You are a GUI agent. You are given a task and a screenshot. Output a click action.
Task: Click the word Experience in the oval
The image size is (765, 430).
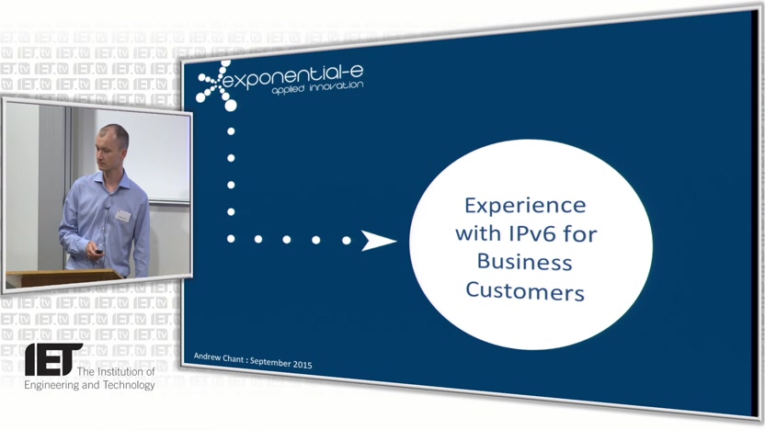[525, 206]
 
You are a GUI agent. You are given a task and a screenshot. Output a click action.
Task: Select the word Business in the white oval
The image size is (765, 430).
[524, 261]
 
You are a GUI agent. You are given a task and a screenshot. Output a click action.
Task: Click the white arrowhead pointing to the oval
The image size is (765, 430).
[378, 241]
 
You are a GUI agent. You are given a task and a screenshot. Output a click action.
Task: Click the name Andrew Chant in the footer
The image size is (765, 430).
[219, 357]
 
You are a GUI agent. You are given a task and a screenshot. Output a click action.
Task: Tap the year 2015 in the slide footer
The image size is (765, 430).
[303, 364]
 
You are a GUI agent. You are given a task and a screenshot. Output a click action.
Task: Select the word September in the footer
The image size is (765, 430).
[270, 362]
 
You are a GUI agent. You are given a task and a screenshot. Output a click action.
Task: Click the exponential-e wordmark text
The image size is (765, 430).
[292, 78]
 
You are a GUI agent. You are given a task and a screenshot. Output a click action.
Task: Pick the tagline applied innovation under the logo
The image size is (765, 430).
[317, 88]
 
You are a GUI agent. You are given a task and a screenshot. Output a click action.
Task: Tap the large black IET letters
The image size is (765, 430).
[52, 360]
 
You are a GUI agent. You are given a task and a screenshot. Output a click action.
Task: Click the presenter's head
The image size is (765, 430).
[113, 147]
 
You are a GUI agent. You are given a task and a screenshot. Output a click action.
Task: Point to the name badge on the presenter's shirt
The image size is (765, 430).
[123, 216]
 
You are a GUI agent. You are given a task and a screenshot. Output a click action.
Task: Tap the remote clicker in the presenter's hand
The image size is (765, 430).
[99, 252]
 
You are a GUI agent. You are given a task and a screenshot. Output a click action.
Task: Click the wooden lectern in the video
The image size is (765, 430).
[63, 278]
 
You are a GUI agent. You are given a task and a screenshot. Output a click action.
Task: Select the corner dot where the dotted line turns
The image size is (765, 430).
[231, 238]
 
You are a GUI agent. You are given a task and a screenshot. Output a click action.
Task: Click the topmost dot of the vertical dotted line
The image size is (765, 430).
[231, 131]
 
